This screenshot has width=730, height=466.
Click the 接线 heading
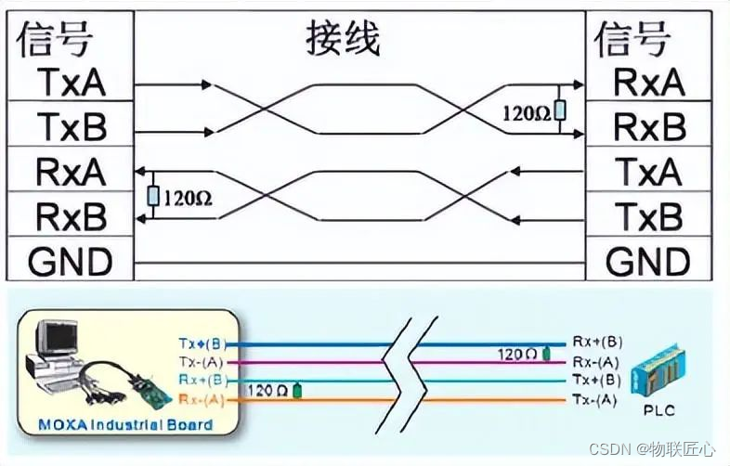[344, 40]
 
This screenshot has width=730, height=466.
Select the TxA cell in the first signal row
[72, 83]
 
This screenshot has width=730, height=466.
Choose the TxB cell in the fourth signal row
[649, 216]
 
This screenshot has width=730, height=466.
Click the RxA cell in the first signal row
[649, 83]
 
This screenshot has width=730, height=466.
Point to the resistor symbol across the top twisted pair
[559, 110]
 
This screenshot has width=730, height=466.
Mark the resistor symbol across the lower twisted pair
[153, 196]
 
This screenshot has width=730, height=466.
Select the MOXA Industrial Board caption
[126, 425]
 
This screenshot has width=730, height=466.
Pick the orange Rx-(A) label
[202, 400]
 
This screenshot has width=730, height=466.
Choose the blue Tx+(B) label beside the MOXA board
[202, 343]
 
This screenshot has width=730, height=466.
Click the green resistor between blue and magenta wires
[546, 353]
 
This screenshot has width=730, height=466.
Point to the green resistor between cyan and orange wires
[297, 391]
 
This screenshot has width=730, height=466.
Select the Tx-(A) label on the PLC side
[595, 399]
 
